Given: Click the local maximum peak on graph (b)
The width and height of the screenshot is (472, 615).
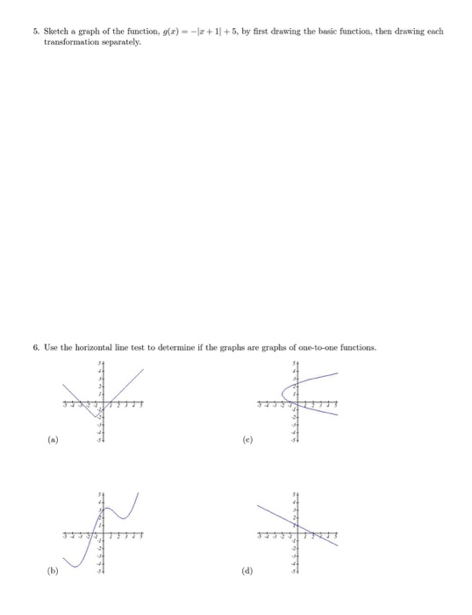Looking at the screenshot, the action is pos(106,508).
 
